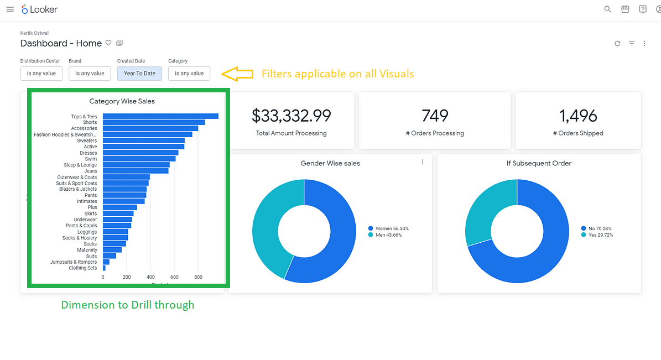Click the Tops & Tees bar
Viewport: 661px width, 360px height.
[x=160, y=116]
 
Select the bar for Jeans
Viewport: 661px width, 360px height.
[x=136, y=171]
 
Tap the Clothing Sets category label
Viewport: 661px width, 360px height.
[x=82, y=268]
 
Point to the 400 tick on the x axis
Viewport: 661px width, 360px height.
[x=150, y=278]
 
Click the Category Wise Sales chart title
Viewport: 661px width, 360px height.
[x=122, y=101]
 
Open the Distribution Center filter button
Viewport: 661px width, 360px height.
[x=41, y=74]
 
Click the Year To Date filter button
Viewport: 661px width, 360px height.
[x=139, y=74]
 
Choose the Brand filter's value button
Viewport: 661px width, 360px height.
[x=90, y=74]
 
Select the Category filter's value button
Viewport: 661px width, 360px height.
[x=189, y=74]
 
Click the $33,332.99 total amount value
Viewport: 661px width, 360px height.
[x=292, y=116]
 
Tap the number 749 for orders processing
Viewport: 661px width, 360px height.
[x=435, y=116]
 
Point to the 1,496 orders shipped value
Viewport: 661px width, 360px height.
[x=578, y=116]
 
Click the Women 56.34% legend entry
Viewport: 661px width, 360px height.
[x=388, y=228]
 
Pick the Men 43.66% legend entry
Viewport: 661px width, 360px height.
[x=385, y=235]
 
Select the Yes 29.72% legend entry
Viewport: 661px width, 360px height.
[x=597, y=235]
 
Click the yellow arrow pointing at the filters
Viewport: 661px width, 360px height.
[x=237, y=74]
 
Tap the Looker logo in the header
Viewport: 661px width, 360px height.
[x=40, y=9]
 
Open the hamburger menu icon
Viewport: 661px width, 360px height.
[x=10, y=9]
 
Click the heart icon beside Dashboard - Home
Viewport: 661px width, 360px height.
[x=108, y=43]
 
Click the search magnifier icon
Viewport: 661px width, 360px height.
[x=607, y=9]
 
